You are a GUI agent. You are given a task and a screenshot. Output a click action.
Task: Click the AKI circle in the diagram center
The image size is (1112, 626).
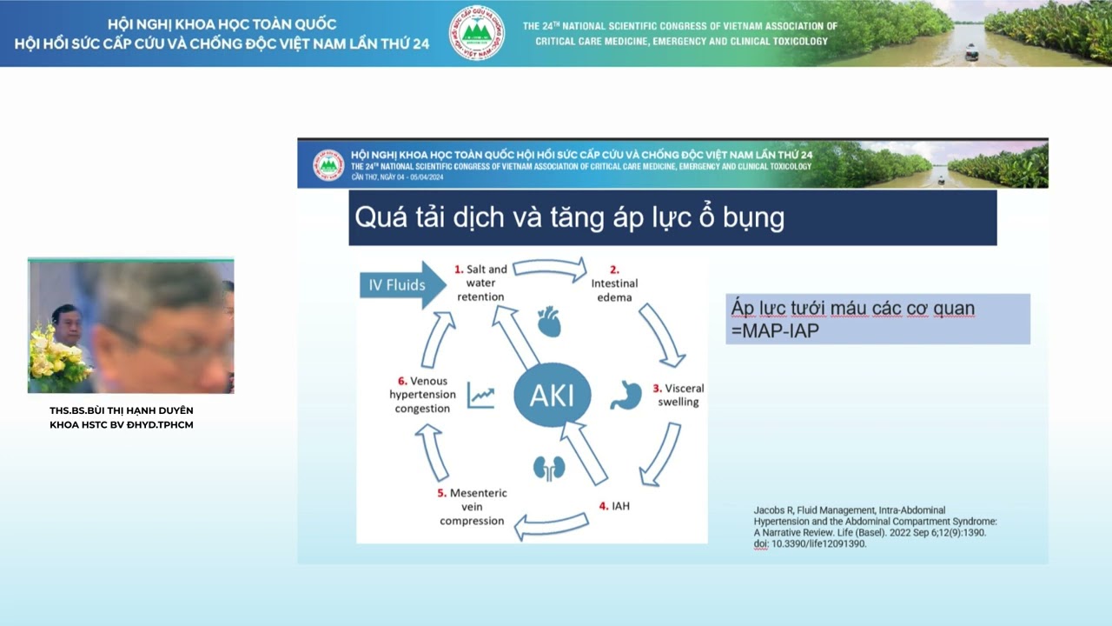coord(552,396)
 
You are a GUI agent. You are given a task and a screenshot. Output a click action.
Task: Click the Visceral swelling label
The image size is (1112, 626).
coord(678,395)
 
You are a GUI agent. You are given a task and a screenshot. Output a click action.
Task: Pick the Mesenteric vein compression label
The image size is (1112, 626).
coord(472,507)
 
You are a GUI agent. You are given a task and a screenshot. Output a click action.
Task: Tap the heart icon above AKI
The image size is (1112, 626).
coord(549,321)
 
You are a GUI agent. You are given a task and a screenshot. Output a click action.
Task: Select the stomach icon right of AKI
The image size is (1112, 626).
coord(625,394)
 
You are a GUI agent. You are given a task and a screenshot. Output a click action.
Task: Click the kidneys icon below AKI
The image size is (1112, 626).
coord(549,468)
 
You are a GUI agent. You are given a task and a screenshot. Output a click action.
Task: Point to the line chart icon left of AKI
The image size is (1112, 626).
coord(480,396)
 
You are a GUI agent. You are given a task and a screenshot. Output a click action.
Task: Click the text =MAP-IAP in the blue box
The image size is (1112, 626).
coord(775,331)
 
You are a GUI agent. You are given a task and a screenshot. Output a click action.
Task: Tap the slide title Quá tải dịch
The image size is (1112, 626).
coord(570,217)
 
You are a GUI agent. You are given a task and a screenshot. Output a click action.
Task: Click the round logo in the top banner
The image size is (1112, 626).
coord(476,33)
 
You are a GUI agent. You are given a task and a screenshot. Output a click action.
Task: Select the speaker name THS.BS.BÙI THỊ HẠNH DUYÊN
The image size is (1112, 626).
coord(122,410)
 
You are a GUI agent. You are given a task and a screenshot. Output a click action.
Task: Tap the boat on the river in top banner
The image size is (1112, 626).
coord(971,53)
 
